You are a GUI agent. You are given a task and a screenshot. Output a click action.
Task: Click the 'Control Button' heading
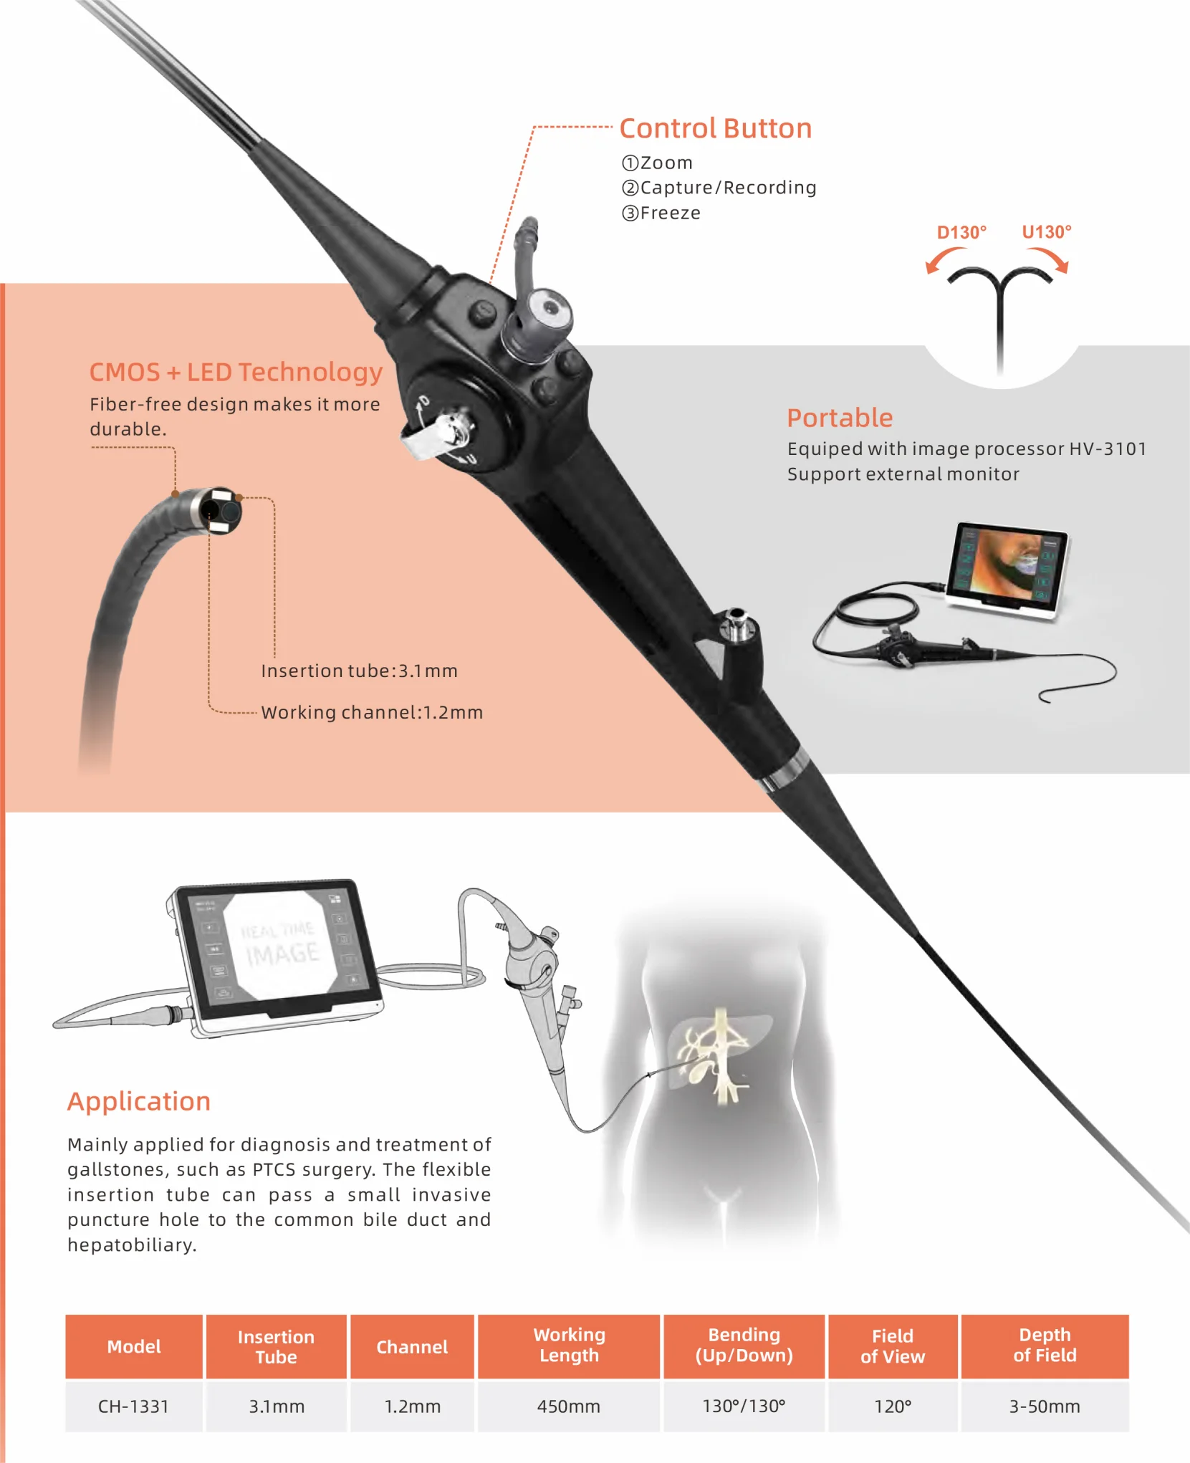point(715,129)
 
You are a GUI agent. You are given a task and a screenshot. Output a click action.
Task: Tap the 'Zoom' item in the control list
point(657,163)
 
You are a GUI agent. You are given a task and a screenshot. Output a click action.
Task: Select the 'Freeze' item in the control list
point(661,214)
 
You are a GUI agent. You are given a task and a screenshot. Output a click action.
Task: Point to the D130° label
point(961,233)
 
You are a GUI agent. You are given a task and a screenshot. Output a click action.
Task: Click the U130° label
point(1046,232)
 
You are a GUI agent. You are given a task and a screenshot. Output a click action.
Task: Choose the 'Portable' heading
point(840,418)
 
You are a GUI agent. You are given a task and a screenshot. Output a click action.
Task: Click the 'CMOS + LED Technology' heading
point(236,373)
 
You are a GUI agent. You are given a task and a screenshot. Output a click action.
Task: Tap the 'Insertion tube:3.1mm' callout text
point(359,671)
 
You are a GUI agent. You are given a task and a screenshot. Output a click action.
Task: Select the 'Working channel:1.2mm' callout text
point(372,713)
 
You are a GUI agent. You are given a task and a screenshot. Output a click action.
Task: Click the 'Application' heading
point(139,1102)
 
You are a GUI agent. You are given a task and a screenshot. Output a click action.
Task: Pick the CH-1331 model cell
point(134,1406)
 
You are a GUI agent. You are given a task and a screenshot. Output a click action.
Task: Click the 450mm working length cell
point(569,1406)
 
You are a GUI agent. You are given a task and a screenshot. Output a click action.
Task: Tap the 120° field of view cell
point(893,1406)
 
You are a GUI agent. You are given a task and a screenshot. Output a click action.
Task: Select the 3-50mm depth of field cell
point(1045,1406)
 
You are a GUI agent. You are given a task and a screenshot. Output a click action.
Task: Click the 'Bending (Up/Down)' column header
point(744,1346)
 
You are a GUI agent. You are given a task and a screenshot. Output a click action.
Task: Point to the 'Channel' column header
point(412,1347)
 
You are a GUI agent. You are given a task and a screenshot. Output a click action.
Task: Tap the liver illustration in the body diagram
point(716,1046)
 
